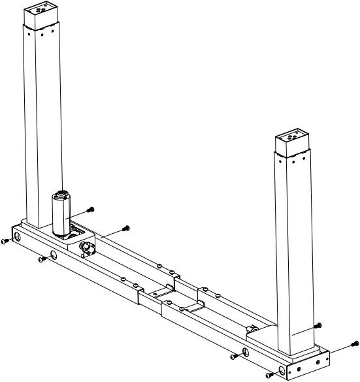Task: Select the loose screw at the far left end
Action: [6, 241]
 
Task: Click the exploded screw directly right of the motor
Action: [91, 209]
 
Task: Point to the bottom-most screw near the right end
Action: [270, 375]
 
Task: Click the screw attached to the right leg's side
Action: [318, 325]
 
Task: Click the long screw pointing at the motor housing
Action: [125, 228]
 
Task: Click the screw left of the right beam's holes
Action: [234, 358]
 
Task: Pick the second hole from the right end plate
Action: [245, 353]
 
